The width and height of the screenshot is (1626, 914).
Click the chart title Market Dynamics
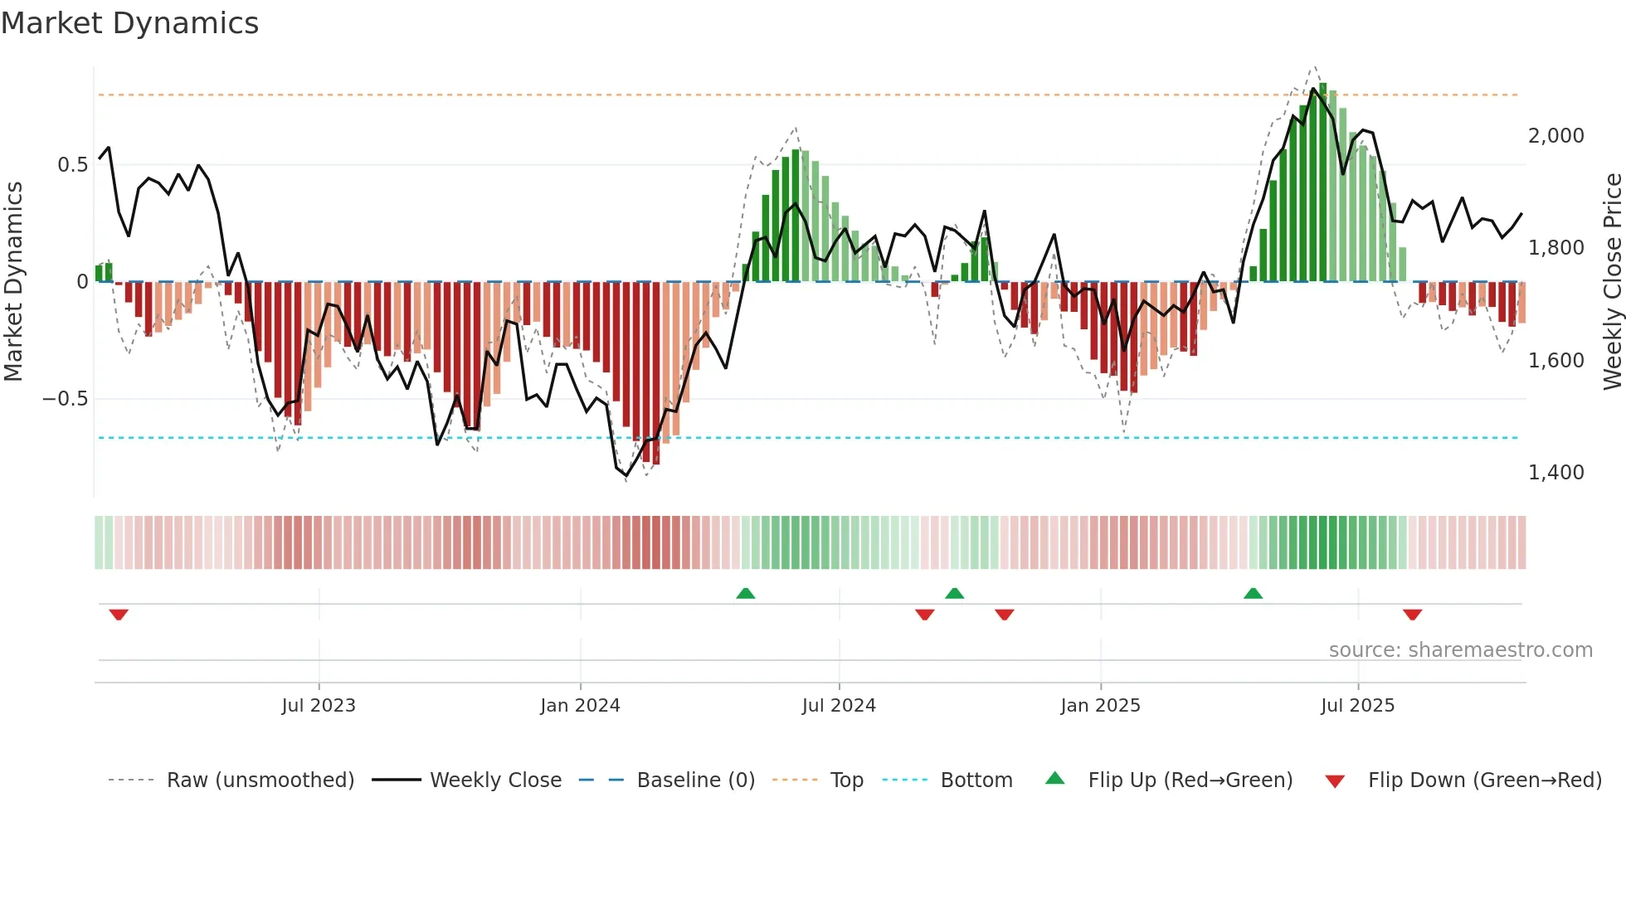click(x=129, y=23)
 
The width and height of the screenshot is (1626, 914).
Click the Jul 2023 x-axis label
click(x=318, y=706)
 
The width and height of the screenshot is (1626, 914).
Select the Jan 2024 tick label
click(x=580, y=706)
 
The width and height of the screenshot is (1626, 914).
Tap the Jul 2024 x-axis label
click(x=839, y=706)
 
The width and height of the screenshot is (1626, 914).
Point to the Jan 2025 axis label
click(x=1100, y=706)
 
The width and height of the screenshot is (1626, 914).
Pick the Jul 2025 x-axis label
click(x=1357, y=706)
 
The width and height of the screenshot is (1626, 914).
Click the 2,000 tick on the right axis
click(x=1555, y=136)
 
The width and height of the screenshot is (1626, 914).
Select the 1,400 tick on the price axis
click(x=1555, y=473)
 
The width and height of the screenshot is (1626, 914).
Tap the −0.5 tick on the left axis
click(x=65, y=399)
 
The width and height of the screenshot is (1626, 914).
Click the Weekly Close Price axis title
click(x=1612, y=281)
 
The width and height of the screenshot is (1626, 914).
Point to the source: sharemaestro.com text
click(x=1460, y=650)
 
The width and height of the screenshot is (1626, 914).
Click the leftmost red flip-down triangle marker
click(x=119, y=615)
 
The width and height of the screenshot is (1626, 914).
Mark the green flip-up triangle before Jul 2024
click(x=745, y=593)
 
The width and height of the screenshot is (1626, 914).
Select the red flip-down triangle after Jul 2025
click(x=1412, y=615)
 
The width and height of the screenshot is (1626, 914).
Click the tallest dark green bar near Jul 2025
click(x=1323, y=182)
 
